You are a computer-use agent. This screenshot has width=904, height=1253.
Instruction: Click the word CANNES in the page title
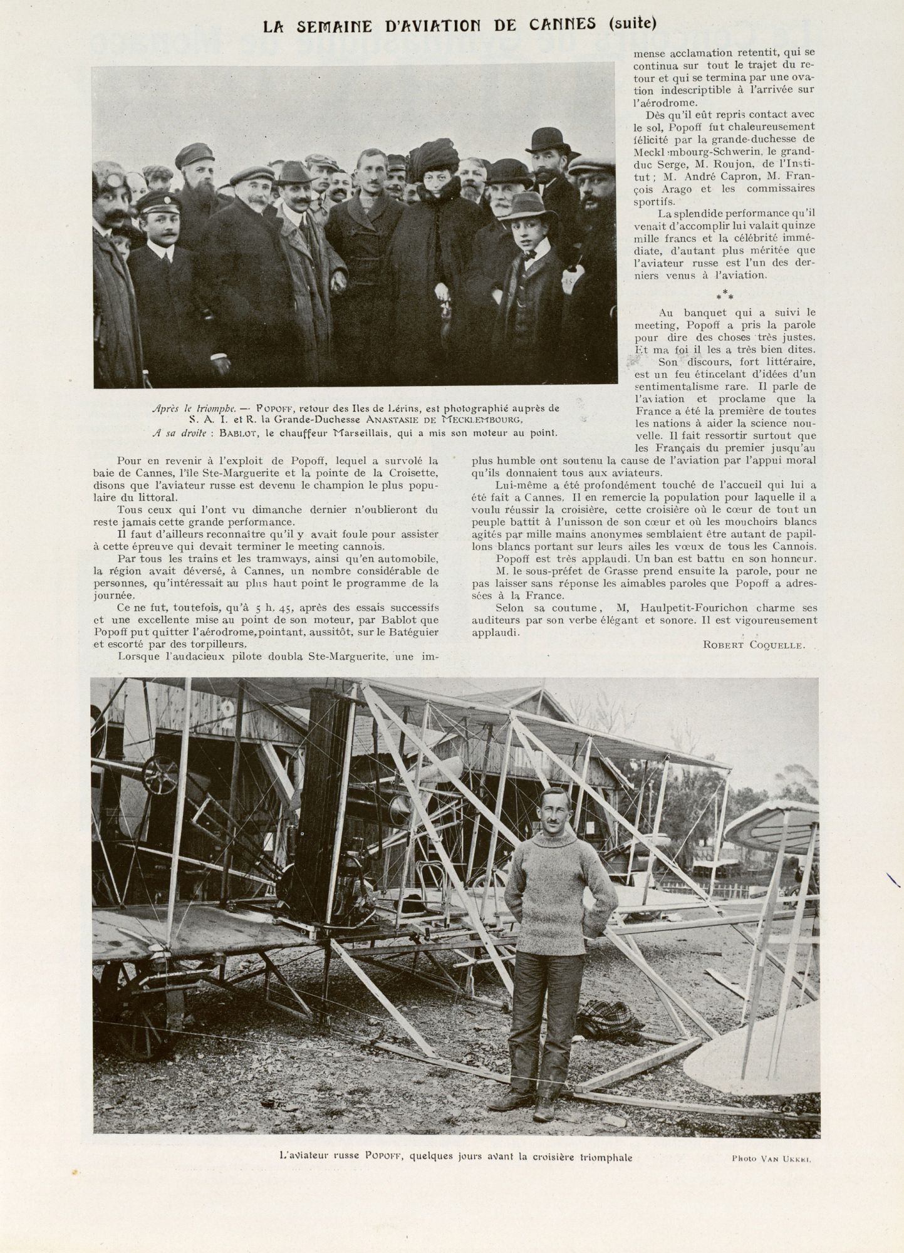pos(563,25)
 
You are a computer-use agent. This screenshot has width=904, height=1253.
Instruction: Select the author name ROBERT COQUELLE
pos(754,645)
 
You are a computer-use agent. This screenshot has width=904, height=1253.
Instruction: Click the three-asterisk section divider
pos(724,295)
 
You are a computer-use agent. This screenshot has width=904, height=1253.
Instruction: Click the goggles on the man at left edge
pos(110,182)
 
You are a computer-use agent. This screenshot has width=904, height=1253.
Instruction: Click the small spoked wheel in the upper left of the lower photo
pos(161,775)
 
